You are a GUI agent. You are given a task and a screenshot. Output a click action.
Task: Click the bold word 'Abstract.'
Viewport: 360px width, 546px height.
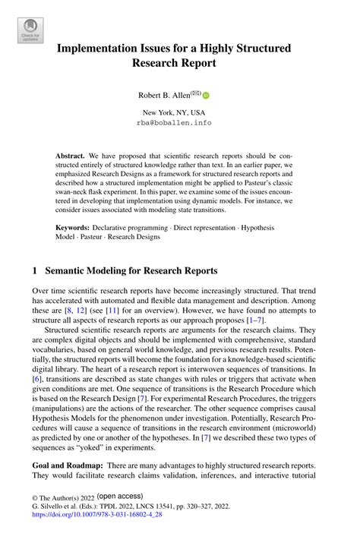coord(71,156)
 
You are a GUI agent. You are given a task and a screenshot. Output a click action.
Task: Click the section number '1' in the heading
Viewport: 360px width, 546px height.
coord(36,270)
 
